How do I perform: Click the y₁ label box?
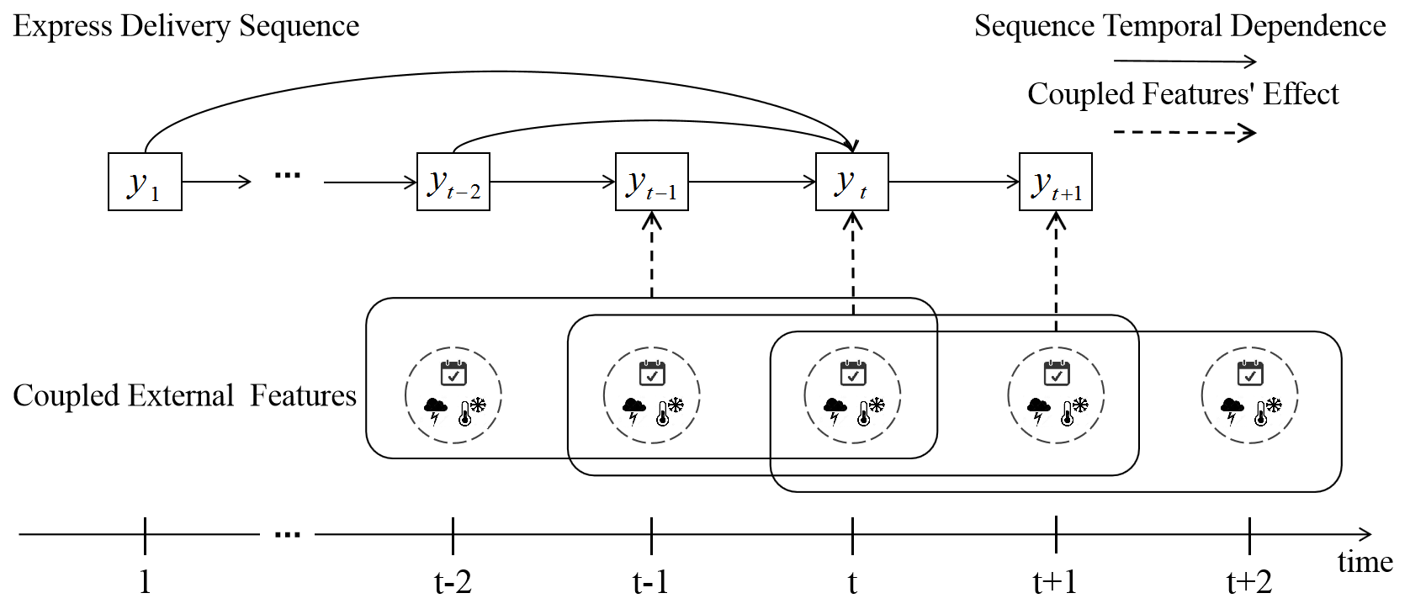(x=145, y=182)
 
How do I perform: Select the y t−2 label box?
(x=453, y=182)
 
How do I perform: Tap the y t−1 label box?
(x=652, y=182)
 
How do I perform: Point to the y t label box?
(x=852, y=182)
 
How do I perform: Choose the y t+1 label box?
(x=1056, y=182)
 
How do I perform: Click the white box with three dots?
(x=287, y=525)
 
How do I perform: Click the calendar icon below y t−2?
(x=453, y=373)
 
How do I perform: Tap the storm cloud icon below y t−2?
(x=436, y=410)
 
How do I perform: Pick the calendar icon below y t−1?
(x=652, y=373)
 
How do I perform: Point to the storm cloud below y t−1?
(x=634, y=410)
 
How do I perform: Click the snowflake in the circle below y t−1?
(x=676, y=405)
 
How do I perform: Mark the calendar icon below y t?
(x=853, y=373)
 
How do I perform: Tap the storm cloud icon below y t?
(x=835, y=410)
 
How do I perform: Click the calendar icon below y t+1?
(x=1057, y=373)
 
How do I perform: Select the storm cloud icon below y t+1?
(x=1039, y=410)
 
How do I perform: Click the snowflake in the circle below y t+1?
(x=1080, y=405)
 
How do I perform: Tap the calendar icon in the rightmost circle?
(x=1250, y=373)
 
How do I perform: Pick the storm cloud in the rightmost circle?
(x=1232, y=410)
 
